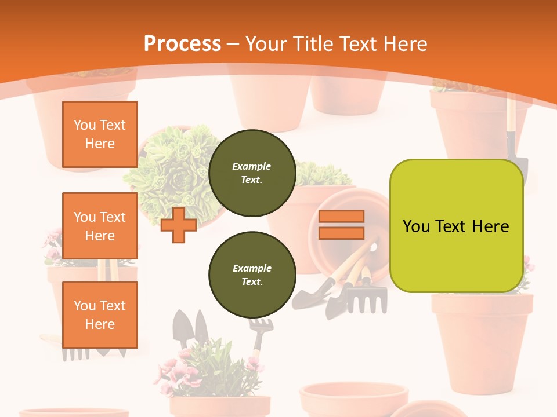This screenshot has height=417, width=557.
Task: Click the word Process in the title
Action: click(x=182, y=43)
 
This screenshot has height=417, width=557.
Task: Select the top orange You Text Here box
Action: click(x=100, y=134)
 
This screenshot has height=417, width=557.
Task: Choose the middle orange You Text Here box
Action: click(x=100, y=226)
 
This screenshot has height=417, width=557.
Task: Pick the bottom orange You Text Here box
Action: click(x=100, y=314)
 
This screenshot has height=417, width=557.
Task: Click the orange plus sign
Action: click(x=179, y=224)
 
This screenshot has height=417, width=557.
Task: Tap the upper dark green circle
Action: click(x=252, y=173)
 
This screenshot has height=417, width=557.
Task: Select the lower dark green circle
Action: click(x=252, y=275)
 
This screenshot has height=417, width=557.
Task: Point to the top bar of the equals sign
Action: click(x=342, y=216)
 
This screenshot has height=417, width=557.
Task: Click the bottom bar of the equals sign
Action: click(x=342, y=233)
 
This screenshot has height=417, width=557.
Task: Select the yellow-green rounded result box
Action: click(x=456, y=226)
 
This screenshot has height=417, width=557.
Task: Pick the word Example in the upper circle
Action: click(x=252, y=166)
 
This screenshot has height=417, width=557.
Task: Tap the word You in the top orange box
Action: click(x=85, y=125)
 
